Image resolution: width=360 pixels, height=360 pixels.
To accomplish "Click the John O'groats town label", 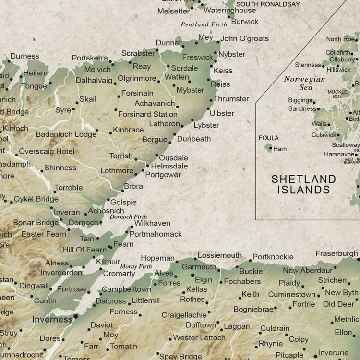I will click(244, 38).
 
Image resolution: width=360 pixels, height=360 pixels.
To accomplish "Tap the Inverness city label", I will click(52, 319).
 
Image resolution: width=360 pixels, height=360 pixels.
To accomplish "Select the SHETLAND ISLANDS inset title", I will click(303, 184).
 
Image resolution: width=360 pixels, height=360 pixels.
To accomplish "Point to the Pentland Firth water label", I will click(204, 24).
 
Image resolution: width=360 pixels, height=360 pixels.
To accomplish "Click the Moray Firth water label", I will click(135, 266).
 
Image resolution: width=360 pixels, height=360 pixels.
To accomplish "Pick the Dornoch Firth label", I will click(129, 217).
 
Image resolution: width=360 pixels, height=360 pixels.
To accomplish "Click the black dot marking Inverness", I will click(76, 317).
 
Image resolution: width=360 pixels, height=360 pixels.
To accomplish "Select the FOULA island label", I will click(268, 138).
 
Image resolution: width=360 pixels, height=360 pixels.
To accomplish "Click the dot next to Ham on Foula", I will click(270, 149).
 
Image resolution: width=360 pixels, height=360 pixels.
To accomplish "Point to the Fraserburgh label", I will click(336, 253).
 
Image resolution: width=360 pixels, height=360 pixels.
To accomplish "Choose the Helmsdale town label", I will click(169, 166).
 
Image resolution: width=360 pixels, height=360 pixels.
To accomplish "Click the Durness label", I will click(24, 56).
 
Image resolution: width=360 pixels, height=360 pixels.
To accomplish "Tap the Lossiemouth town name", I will click(219, 255).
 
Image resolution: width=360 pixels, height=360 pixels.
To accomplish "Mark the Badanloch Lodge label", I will click(66, 134).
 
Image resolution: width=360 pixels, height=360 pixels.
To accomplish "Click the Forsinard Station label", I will click(147, 114).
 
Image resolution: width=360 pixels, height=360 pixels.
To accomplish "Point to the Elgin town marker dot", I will click(192, 276).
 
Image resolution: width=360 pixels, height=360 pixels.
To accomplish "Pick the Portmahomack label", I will click(156, 234).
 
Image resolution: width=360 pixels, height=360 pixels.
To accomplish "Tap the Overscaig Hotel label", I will click(47, 151).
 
